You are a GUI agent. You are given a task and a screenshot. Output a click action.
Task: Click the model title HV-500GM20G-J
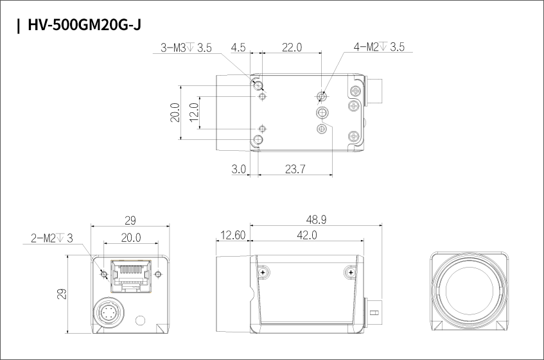coord(84,25)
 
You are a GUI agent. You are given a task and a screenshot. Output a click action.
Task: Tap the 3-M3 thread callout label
coord(186,47)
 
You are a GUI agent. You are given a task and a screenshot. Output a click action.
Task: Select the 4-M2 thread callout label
coord(379,47)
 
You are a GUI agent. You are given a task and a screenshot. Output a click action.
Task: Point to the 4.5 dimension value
coord(238,47)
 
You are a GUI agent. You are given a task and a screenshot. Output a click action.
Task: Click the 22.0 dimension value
coord(292,47)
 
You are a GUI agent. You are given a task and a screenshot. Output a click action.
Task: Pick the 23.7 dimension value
coord(295,169)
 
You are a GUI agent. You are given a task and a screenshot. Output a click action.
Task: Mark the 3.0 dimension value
coord(239,169)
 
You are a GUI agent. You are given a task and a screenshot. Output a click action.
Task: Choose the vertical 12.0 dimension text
coord(194,112)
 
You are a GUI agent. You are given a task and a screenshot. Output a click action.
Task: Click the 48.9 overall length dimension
coord(316,219)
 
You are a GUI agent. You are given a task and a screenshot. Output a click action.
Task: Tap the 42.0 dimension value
coord(307,236)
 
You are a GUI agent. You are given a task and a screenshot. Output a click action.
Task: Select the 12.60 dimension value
coord(233,236)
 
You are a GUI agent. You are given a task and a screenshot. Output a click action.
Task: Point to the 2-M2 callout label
coord(51,238)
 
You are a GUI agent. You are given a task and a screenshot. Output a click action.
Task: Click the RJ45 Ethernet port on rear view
coord(131,276)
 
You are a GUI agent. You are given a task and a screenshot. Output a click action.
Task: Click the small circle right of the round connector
coord(140,320)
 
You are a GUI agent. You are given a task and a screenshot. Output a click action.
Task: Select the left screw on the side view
coord(263,272)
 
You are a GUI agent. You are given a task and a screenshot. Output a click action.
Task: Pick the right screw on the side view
coord(351,272)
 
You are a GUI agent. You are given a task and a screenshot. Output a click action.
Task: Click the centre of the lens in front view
coord(469,290)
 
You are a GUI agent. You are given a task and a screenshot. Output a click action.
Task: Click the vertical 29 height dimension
coord(62,294)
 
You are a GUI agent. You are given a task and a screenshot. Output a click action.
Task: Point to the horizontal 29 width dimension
coord(130,220)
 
